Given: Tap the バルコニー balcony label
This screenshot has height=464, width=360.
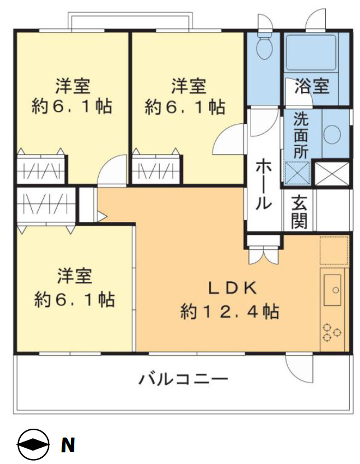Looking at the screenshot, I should [x=183, y=379].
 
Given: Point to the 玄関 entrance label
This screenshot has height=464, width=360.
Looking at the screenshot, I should [x=299, y=212].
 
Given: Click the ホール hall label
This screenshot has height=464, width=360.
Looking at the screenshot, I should [x=263, y=185].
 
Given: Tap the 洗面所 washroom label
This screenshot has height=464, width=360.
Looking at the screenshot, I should [x=300, y=136].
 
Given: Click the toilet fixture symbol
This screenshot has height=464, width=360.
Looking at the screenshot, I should [x=263, y=45].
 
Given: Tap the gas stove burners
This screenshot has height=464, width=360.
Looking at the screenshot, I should [x=331, y=332].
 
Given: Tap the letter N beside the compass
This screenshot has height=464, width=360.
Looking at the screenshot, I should [x=67, y=446].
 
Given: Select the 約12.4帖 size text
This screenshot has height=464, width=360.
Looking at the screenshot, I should [x=230, y=311].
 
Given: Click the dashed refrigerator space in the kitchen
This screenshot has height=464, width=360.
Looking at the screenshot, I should [x=334, y=250].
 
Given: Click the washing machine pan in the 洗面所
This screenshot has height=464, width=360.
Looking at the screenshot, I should [x=298, y=173].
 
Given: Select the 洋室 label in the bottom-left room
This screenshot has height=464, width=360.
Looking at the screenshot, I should [x=75, y=276].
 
